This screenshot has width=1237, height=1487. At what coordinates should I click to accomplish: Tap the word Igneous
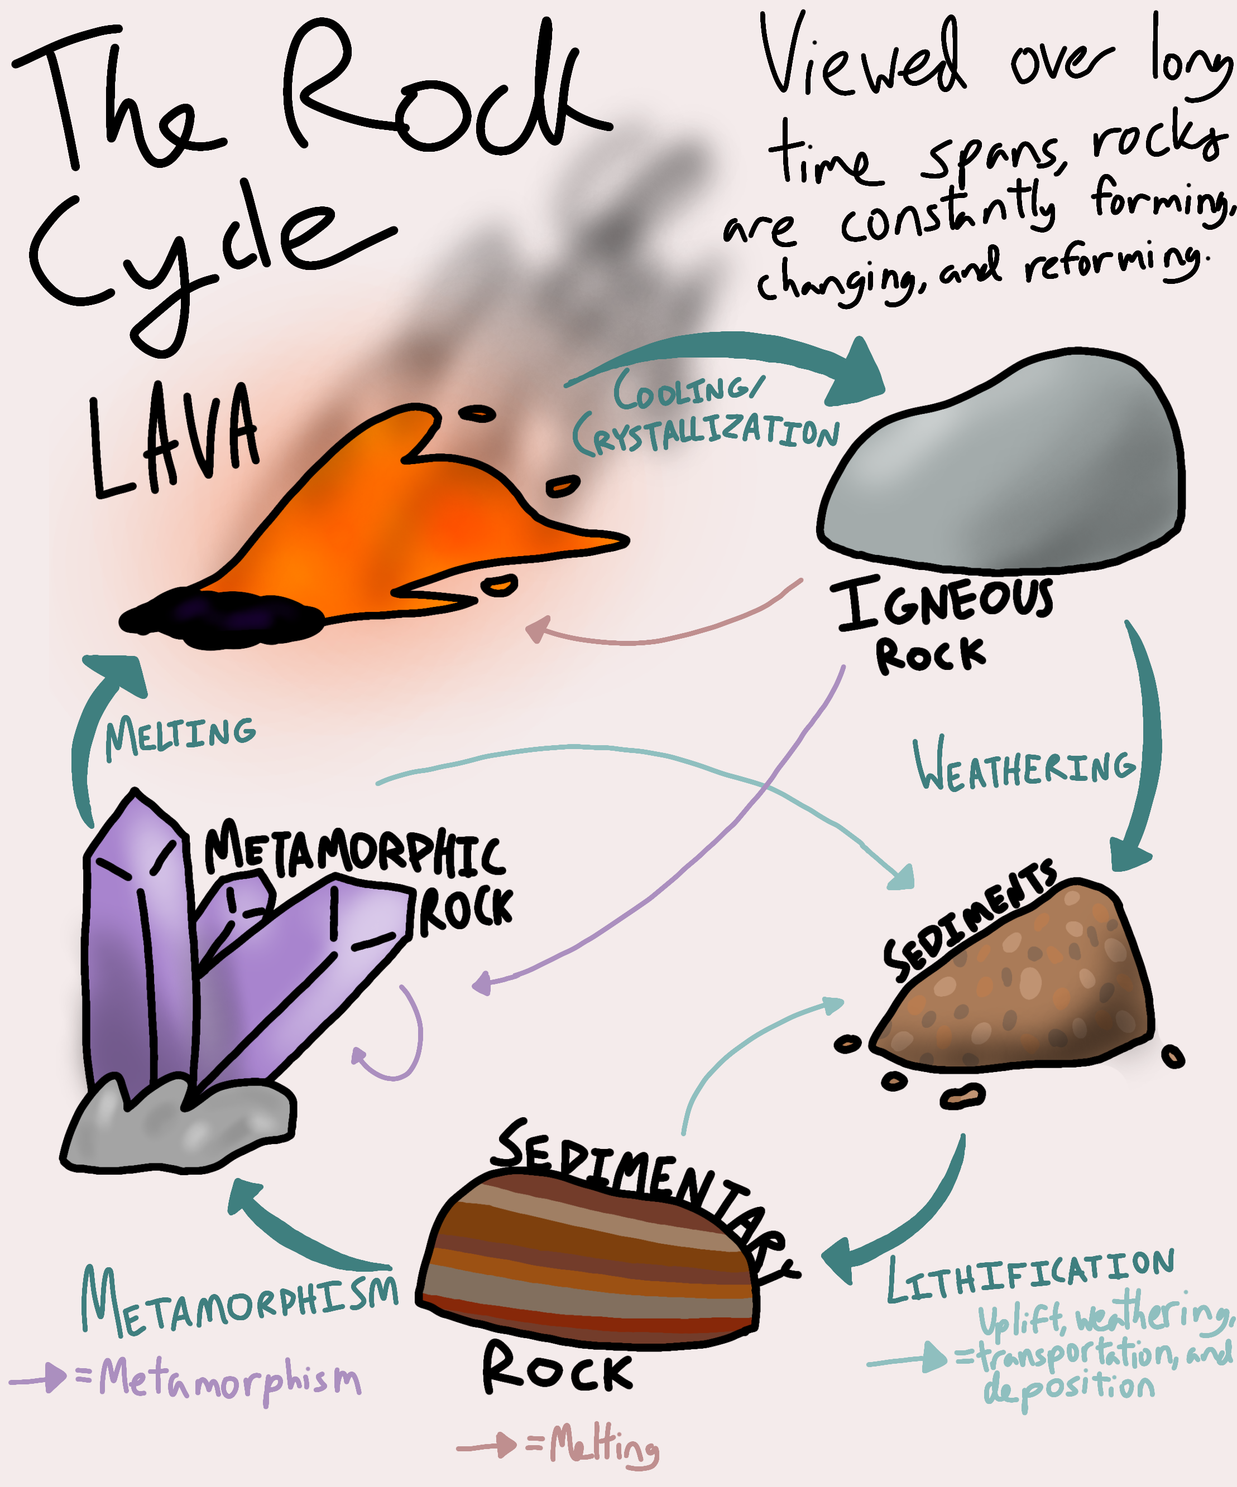942,602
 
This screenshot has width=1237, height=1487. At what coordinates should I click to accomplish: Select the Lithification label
1031,1274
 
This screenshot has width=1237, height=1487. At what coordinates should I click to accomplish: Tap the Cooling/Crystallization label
705,414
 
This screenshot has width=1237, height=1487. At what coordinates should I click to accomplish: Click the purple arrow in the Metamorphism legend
39,1377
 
